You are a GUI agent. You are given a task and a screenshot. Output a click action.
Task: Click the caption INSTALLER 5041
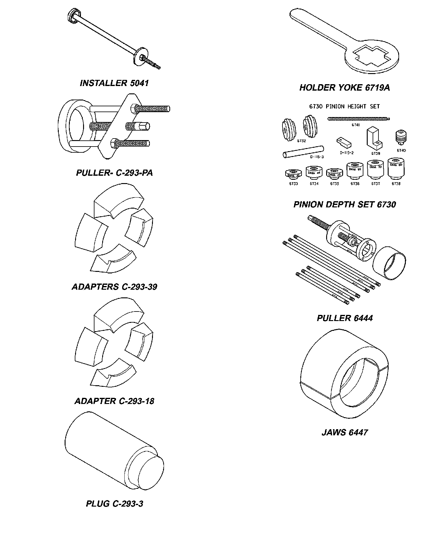click(x=114, y=83)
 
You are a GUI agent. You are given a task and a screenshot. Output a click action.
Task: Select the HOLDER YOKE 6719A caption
click(x=345, y=88)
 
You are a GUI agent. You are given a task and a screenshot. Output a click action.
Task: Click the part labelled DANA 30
click(x=293, y=174)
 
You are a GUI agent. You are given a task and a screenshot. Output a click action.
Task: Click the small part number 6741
click(x=355, y=125)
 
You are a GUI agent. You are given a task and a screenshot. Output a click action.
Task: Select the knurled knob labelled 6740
click(x=401, y=137)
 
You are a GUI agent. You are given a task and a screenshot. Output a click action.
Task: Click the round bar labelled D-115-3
click(x=303, y=152)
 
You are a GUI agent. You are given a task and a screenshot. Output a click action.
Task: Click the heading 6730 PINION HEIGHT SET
click(x=344, y=107)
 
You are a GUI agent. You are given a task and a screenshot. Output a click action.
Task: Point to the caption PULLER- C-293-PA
click(x=114, y=173)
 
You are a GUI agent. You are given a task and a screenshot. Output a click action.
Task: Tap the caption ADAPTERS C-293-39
click(x=114, y=287)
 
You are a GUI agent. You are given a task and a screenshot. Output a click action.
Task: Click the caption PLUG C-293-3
click(x=114, y=504)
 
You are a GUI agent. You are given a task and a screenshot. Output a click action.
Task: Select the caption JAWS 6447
click(x=345, y=433)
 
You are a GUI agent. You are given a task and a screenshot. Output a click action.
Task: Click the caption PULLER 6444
click(x=345, y=318)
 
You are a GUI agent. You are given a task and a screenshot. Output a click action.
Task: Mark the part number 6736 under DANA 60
click(x=355, y=184)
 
